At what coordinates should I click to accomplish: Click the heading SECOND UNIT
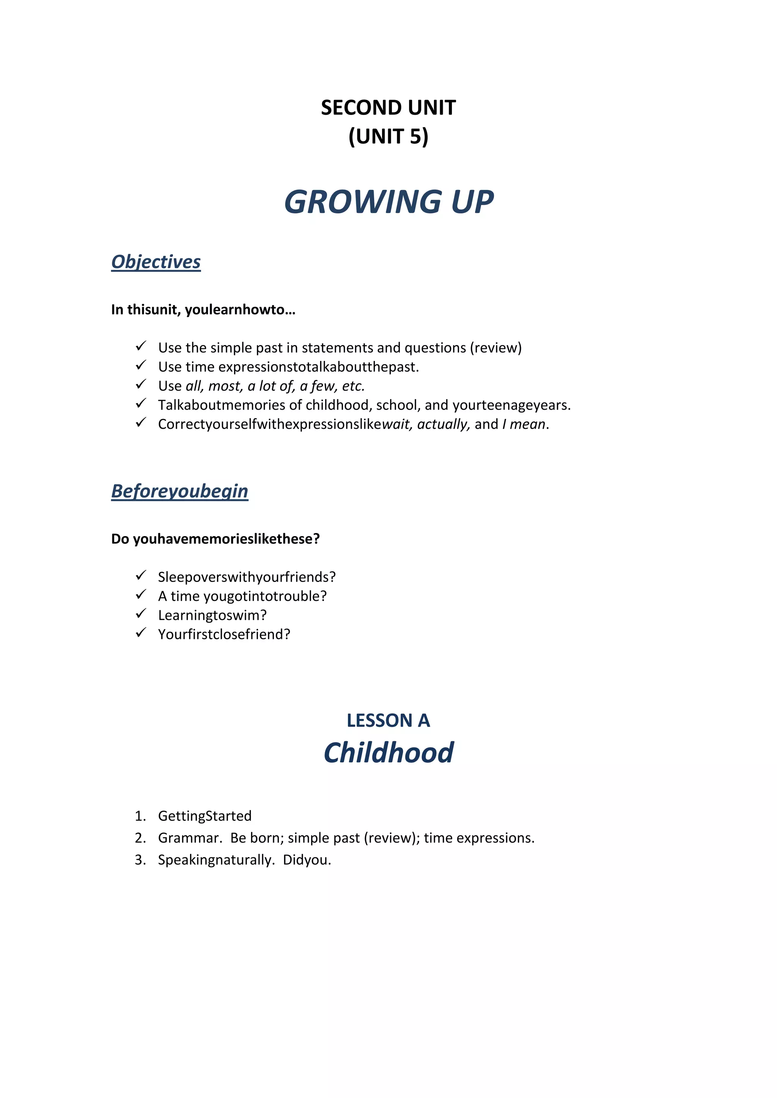point(388,108)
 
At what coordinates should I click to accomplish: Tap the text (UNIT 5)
point(388,137)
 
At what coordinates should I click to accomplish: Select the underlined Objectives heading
point(156,262)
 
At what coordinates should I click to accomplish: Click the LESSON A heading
point(388,720)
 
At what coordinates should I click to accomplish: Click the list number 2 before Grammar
point(140,838)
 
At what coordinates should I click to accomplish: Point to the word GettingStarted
point(205,816)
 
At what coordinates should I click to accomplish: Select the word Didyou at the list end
point(306,860)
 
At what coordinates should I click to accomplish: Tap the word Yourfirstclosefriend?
point(224,635)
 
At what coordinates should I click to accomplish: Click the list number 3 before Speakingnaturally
point(140,860)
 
